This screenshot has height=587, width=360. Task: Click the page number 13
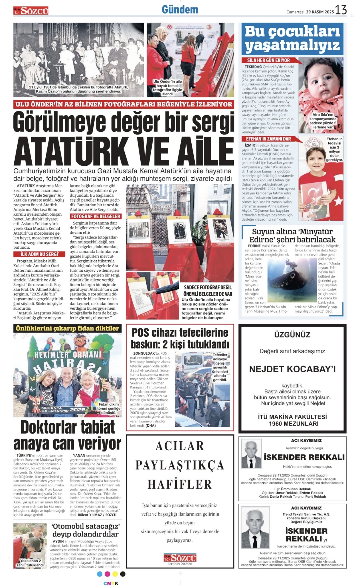(x=341, y=10)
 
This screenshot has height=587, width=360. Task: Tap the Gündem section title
(x=180, y=10)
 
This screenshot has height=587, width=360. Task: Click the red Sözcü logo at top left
(x=31, y=11)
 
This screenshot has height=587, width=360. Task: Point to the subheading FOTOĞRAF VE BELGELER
(x=96, y=216)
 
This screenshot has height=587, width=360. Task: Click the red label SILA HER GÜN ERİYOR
(x=268, y=60)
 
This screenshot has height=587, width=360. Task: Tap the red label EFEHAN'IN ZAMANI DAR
(x=268, y=139)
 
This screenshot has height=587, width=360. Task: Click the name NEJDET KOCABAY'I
(x=292, y=369)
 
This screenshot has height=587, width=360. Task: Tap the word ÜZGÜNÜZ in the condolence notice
(x=292, y=334)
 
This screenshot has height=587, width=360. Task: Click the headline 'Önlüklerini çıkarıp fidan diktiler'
(x=67, y=328)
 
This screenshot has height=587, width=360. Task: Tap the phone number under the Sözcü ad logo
(x=180, y=564)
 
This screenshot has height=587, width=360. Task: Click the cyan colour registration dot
(x=100, y=574)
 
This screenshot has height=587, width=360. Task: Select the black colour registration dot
(x=123, y=574)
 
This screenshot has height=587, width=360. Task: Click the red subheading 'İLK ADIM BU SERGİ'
(x=39, y=254)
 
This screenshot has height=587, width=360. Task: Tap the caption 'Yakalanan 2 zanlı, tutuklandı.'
(x=31, y=563)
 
